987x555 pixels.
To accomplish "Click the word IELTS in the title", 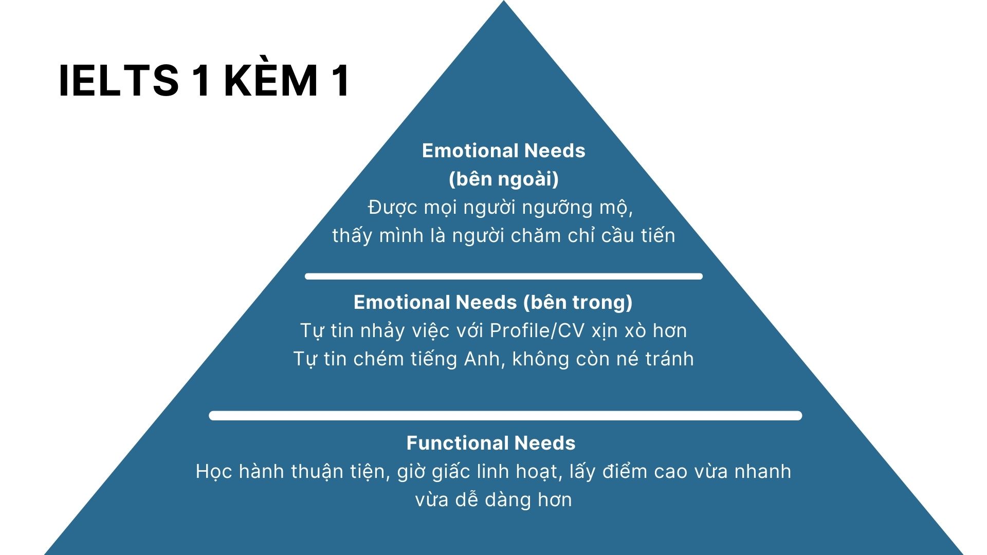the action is click(x=119, y=81).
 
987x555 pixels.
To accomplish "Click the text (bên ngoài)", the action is click(x=504, y=179).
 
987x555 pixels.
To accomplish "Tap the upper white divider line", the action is click(x=504, y=276).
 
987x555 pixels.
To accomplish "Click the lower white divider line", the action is click(x=505, y=416).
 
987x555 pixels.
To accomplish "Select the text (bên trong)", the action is click(x=578, y=302).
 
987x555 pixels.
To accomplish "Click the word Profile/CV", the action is click(x=537, y=330).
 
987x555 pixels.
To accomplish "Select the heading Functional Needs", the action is click(x=491, y=443).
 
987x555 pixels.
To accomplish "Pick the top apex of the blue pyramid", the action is click(x=504, y=1).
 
